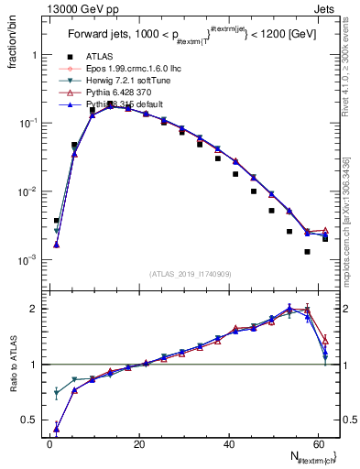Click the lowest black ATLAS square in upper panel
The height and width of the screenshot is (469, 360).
308,251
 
